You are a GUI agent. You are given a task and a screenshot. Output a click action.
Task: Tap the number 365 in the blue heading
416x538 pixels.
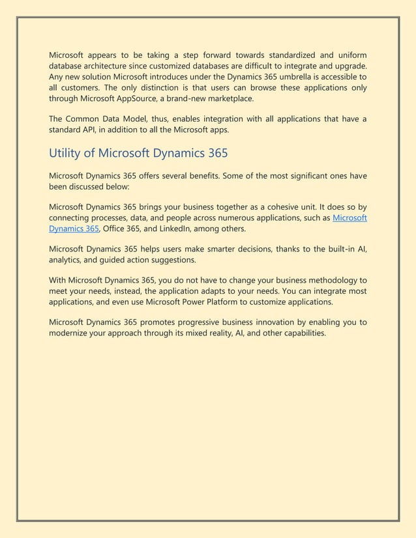pos(215,154)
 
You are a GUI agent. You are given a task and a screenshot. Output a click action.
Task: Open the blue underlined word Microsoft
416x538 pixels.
pos(349,218)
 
